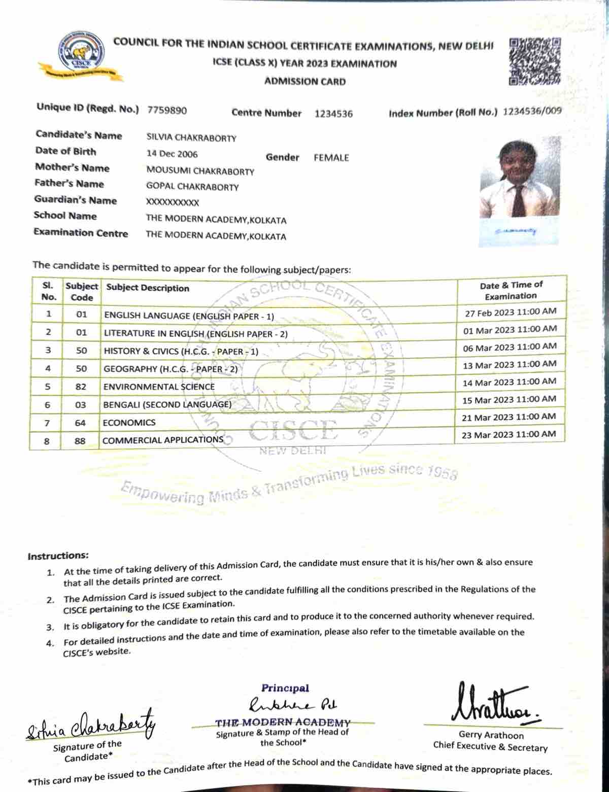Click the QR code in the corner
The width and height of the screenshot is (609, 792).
pos(535,61)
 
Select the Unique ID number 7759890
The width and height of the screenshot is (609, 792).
pos(167,110)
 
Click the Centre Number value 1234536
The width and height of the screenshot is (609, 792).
pos(333,114)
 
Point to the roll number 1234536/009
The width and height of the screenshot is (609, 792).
pos(532,112)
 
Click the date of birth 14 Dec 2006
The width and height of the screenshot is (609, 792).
pos(172,154)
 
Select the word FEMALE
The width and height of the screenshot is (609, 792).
pos(331,158)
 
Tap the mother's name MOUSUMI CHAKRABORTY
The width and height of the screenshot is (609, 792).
pos(200,171)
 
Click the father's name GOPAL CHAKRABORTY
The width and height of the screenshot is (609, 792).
pos(192,187)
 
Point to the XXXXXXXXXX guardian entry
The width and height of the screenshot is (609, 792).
pos(173,202)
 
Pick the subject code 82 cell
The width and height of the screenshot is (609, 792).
pos(81,387)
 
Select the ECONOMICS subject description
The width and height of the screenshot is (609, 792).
pos(129,423)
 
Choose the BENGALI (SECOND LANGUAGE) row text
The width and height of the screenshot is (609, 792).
pos(167,405)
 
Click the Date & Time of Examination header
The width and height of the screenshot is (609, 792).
pos(511,290)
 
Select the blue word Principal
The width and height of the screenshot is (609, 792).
pos(285,688)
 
